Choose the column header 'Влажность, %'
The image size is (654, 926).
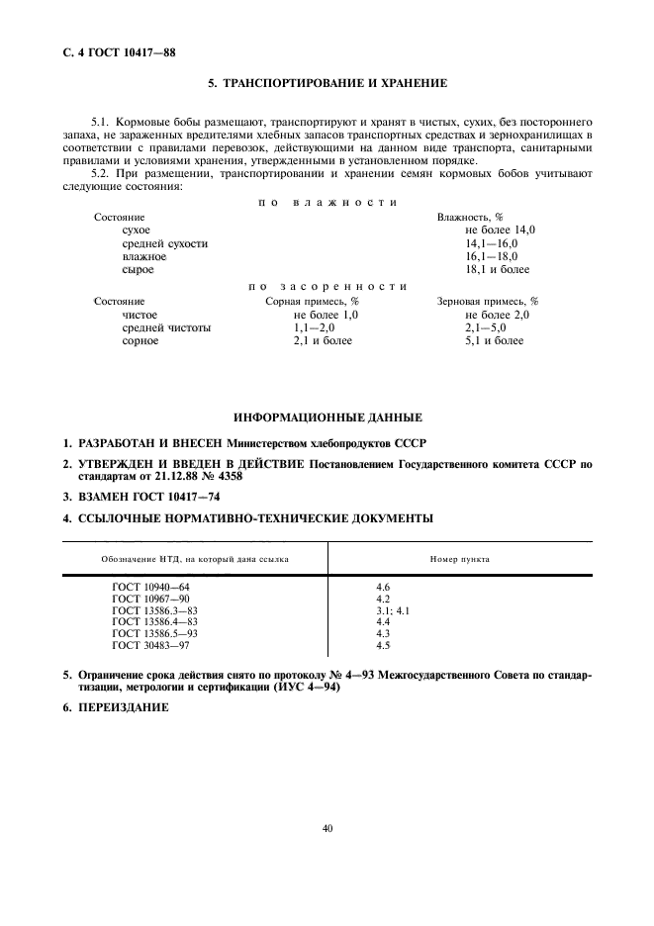pyautogui.click(x=470, y=216)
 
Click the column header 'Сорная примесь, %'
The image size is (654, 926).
pyautogui.click(x=312, y=301)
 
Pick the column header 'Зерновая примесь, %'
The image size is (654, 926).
pyautogui.click(x=487, y=301)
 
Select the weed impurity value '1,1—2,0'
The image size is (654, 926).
pyautogui.click(x=315, y=327)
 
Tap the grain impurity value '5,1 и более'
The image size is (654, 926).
pyautogui.click(x=494, y=340)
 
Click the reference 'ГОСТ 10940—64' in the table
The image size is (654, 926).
pyautogui.click(x=149, y=588)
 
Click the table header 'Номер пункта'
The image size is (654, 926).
pyautogui.click(x=459, y=559)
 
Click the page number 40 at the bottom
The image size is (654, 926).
pyautogui.click(x=327, y=828)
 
